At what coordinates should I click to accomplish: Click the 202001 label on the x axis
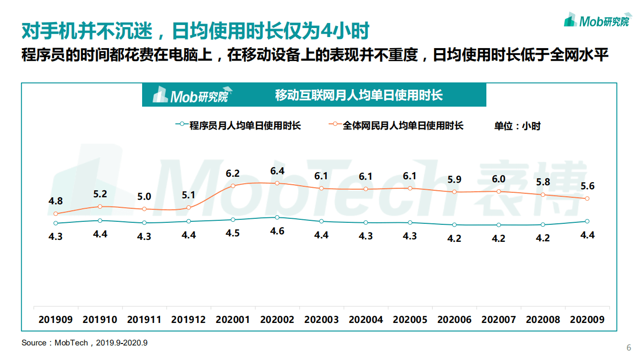tap(233, 319)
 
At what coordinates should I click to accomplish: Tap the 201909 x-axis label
tap(56, 319)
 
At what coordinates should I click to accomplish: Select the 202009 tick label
tap(587, 319)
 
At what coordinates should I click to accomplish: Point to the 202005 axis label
tap(410, 319)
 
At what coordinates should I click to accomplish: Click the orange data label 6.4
tap(277, 171)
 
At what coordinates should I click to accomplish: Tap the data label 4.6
tap(277, 231)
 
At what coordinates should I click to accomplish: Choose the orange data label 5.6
tap(587, 186)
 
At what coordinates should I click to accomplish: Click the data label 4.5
tap(233, 233)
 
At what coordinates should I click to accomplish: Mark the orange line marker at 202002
tap(277, 183)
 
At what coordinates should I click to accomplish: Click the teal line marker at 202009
tap(587, 221)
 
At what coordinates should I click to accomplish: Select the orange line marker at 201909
tap(56, 214)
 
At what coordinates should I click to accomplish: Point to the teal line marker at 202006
tap(454, 225)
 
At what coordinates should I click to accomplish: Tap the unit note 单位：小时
tap(517, 126)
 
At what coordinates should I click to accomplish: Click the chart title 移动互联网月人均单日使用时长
tap(359, 95)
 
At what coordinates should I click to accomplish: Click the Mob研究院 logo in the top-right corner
tap(597, 21)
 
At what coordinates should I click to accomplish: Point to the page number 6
tap(628, 348)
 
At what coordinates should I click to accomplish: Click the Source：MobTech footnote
tap(85, 343)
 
